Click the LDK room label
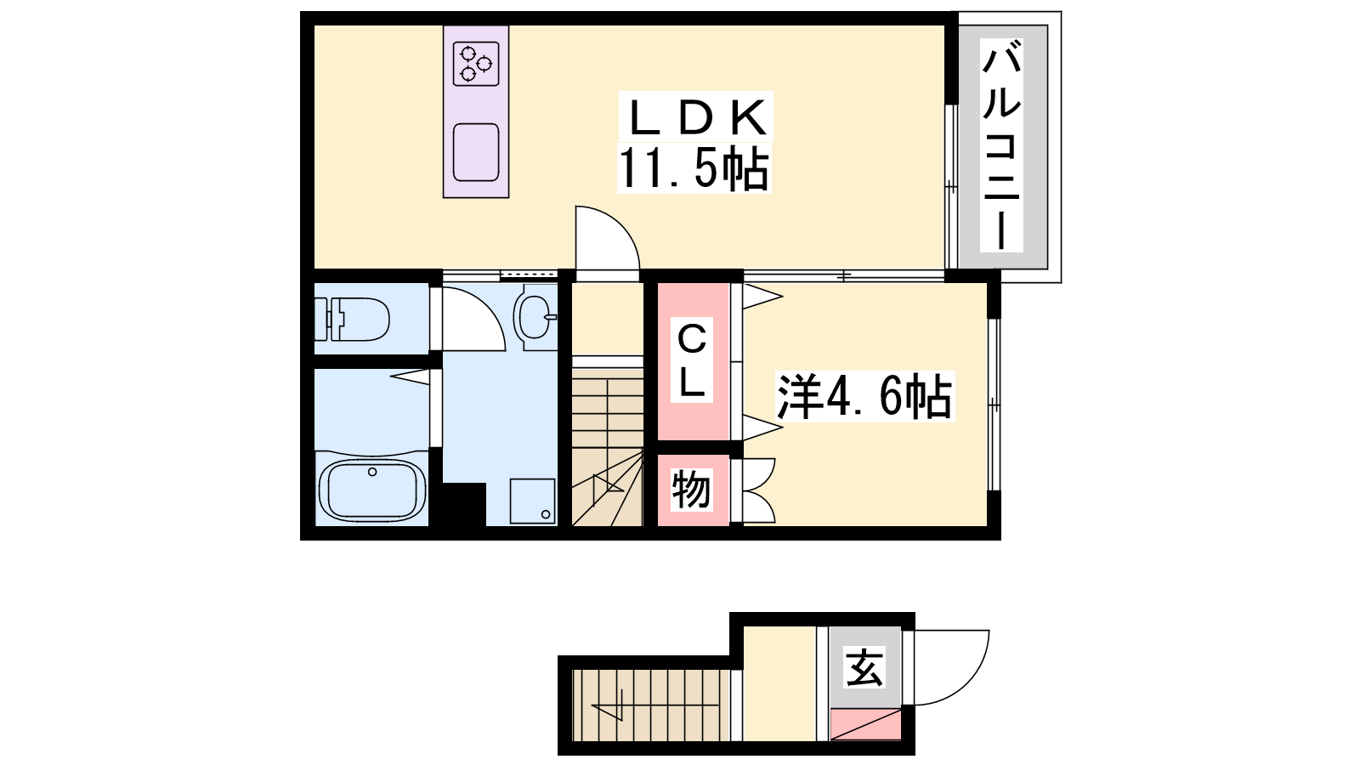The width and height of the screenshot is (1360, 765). tap(696, 118)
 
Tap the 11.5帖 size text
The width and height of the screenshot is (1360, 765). tap(694, 168)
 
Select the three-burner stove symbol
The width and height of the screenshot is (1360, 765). tap(476, 63)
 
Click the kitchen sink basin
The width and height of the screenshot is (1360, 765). tap(476, 152)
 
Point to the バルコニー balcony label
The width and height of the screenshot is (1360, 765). tap(1001, 145)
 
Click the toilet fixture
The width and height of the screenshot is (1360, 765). tap(352, 319)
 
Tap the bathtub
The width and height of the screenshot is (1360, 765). tap(371, 490)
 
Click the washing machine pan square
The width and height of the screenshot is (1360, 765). tap(532, 501)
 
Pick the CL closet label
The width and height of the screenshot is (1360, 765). tap(692, 361)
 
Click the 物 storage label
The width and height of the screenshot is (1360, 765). tap(692, 490)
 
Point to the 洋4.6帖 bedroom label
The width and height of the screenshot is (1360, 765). tap(865, 396)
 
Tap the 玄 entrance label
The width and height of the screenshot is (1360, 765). tap(864, 666)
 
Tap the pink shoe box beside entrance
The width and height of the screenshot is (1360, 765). tap(865, 724)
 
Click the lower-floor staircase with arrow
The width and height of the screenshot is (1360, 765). tap(651, 705)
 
